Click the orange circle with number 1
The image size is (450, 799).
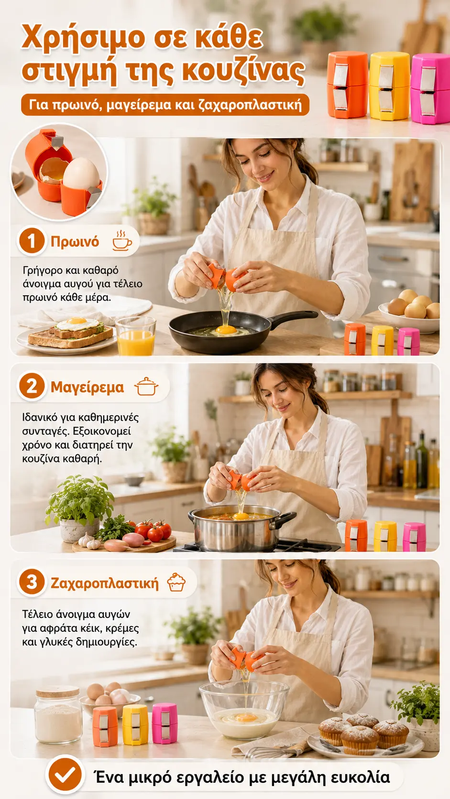pyautogui.click(x=32, y=241)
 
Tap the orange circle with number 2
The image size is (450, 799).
pyautogui.click(x=32, y=386)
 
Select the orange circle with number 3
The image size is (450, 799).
pyautogui.click(x=32, y=582)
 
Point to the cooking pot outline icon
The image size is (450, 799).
pyautogui.click(x=146, y=386)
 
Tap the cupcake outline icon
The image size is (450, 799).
pyautogui.click(x=176, y=582)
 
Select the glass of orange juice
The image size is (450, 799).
pyautogui.click(x=136, y=336)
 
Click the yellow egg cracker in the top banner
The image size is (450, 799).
pyautogui.click(x=389, y=86)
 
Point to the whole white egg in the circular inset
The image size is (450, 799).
pyautogui.click(x=82, y=174)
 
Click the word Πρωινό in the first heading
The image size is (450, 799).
pyautogui.click(x=75, y=241)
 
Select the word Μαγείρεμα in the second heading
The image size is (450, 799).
pyautogui.click(x=87, y=387)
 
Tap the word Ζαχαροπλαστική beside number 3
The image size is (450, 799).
pyautogui.click(x=104, y=583)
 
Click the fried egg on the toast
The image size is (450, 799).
pyautogui.click(x=77, y=324)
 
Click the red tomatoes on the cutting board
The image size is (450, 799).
pyautogui.click(x=154, y=529)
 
